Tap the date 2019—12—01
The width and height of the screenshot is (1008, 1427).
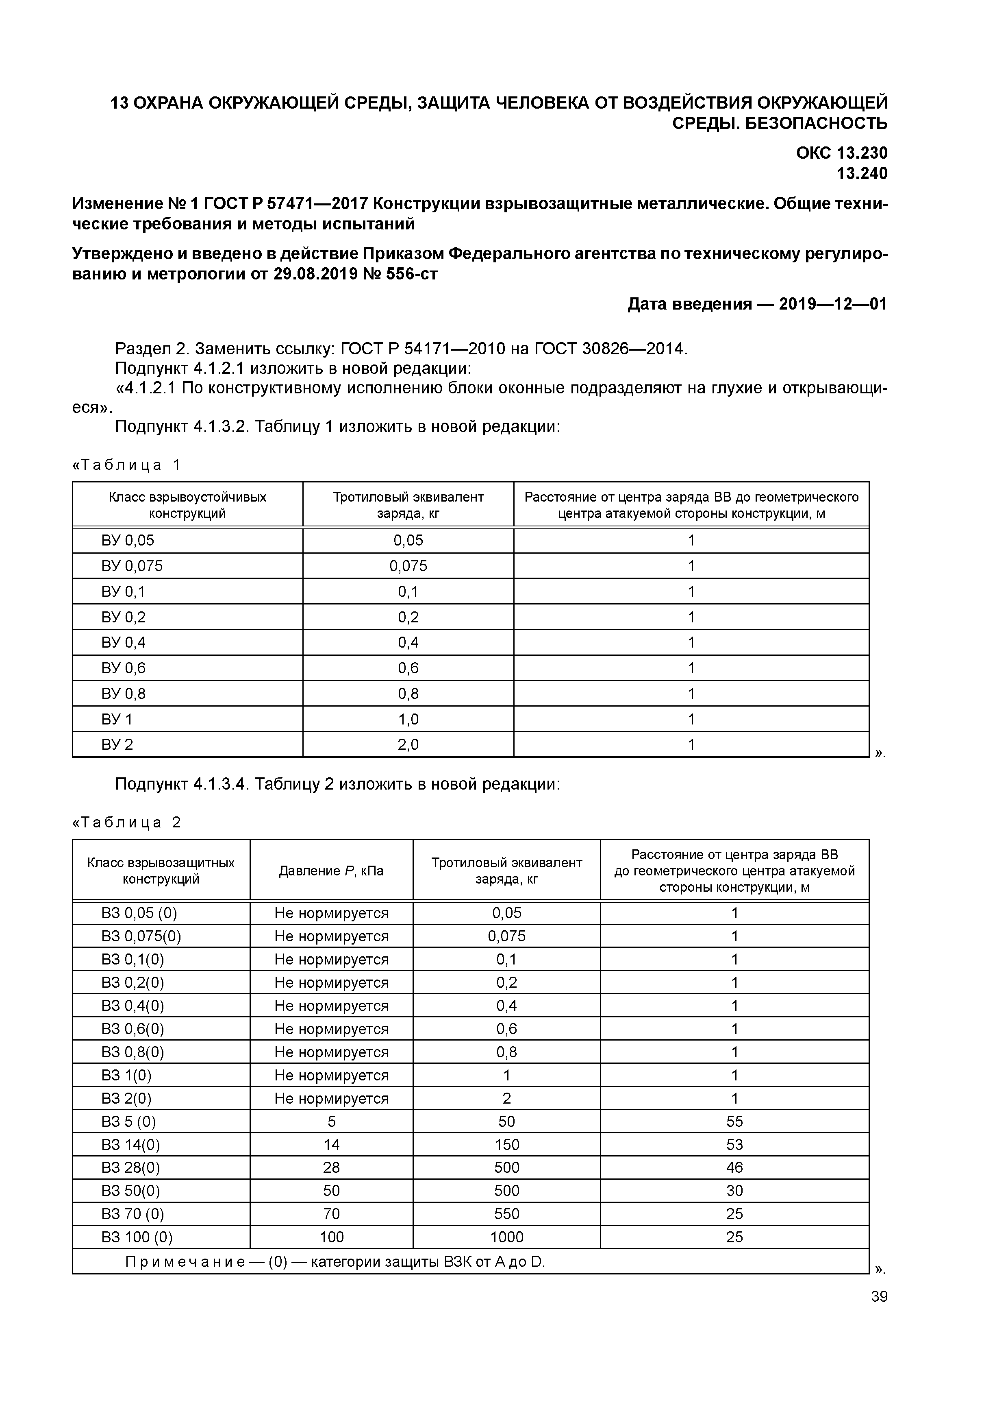[833, 304]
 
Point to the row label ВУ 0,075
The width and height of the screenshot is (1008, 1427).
[132, 565]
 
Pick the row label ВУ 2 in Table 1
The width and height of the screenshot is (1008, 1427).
[117, 744]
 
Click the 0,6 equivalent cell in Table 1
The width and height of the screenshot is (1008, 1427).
[408, 668]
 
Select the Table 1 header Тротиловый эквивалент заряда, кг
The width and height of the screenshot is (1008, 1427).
[408, 505]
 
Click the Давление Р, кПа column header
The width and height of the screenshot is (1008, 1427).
[331, 871]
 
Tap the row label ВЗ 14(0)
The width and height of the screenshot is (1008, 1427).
[130, 1145]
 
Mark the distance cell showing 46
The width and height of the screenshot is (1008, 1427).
[734, 1168]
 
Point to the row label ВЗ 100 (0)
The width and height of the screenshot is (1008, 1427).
[137, 1237]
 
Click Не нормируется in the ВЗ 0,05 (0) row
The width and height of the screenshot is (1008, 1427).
[331, 913]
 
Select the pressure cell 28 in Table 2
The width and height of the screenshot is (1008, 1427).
[331, 1168]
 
